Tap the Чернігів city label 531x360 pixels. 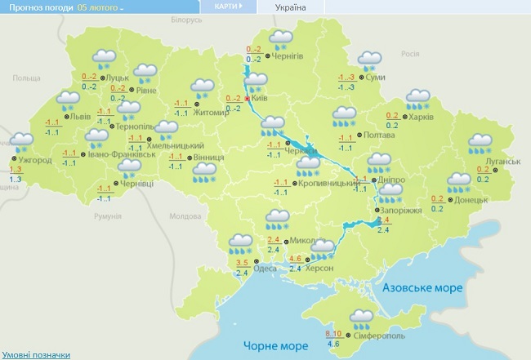(x=288, y=56)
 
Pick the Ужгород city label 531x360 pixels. (x=36, y=160)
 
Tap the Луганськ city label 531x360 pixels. (x=503, y=162)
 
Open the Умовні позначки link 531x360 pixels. (x=36, y=354)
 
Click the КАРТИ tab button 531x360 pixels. (x=228, y=7)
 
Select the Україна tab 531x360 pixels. (x=291, y=7)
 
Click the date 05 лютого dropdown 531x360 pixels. (x=101, y=7)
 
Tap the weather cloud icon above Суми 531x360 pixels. (x=370, y=60)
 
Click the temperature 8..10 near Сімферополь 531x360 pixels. (x=333, y=335)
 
